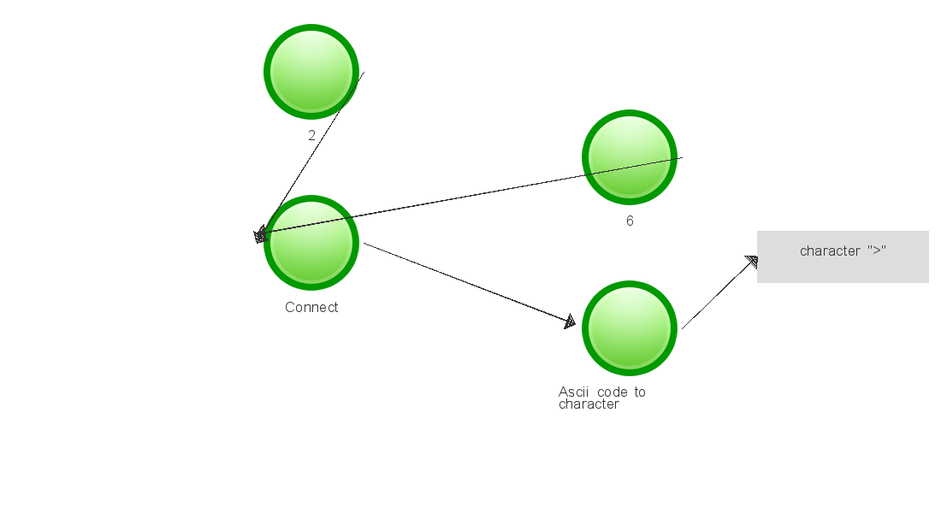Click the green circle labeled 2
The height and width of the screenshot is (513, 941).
[311, 72]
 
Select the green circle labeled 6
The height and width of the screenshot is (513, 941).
[630, 157]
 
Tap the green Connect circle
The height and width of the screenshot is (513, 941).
[311, 243]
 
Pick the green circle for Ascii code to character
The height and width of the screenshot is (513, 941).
[630, 328]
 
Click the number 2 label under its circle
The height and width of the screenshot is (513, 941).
[311, 136]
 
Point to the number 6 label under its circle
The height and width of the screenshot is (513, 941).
[630, 221]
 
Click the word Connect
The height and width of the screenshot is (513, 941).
[311, 307]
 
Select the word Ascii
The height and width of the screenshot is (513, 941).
[573, 392]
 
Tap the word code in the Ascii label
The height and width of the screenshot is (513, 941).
[613, 392]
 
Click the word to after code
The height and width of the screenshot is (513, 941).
[640, 392]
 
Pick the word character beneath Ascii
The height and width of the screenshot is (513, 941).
[589, 404]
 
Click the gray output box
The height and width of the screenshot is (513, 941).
[843, 256]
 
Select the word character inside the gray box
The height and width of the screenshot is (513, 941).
[830, 251]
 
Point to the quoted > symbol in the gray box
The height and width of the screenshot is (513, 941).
[877, 250]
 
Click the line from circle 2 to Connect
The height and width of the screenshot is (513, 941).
[310, 155]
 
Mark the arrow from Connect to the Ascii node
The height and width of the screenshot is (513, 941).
[470, 284]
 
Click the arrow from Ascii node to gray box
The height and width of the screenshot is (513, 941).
[720, 292]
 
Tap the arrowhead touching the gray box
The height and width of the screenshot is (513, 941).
[752, 262]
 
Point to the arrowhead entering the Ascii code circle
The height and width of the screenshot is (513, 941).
[570, 321]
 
